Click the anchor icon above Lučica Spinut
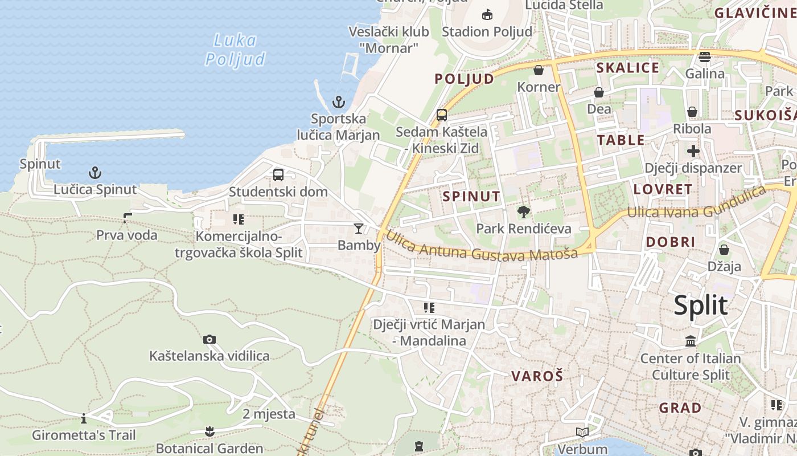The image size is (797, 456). [95, 173]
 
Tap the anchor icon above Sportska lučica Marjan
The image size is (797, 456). [339, 103]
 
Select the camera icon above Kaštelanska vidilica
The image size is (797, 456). [209, 340]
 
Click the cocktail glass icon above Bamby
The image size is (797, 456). [358, 229]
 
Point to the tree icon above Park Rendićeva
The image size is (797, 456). [523, 212]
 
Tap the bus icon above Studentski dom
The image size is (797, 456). [278, 175]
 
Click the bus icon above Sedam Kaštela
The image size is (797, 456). [441, 115]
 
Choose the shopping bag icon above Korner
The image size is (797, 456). [539, 71]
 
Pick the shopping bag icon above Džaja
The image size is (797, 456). [724, 250]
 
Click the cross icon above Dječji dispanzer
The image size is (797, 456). [693, 151]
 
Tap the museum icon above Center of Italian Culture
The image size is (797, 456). [691, 341]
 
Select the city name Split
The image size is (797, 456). [700, 306]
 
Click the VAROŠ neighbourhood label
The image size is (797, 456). [537, 376]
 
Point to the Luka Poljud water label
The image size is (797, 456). [235, 50]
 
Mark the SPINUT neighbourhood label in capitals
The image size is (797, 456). [471, 197]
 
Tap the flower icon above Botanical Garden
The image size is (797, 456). [209, 431]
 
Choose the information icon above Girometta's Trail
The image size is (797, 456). [84, 419]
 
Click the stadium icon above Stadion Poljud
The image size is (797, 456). [487, 15]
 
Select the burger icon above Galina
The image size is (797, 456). [705, 57]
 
